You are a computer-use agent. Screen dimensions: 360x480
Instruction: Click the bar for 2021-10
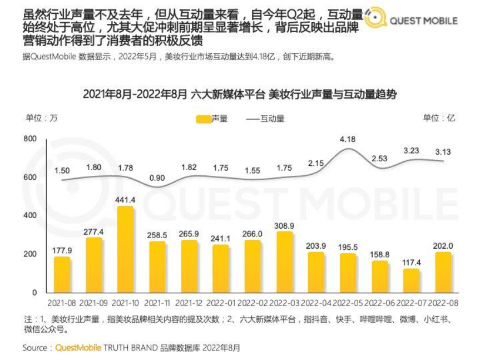(126, 249)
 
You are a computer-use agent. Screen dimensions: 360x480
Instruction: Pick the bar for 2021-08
(62, 274)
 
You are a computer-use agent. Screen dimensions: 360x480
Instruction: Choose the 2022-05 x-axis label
(348, 303)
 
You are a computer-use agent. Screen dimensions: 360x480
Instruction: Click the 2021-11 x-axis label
(157, 303)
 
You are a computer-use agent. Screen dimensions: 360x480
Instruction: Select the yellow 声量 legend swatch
(204, 119)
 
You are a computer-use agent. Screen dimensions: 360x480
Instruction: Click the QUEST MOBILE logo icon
(376, 20)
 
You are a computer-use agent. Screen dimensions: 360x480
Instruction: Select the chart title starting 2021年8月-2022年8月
(240, 94)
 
